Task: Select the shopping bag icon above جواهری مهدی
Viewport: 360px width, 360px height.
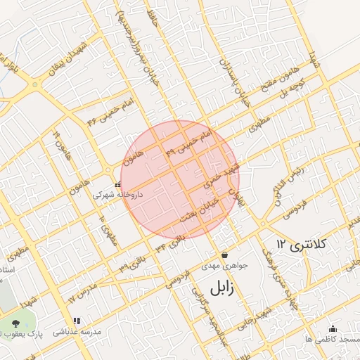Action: pos(224,255)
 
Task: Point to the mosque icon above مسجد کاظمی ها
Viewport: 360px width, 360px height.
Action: pos(333,328)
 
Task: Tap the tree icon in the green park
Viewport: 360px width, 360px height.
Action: pos(15,323)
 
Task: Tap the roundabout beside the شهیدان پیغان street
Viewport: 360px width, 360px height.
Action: pos(34,85)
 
